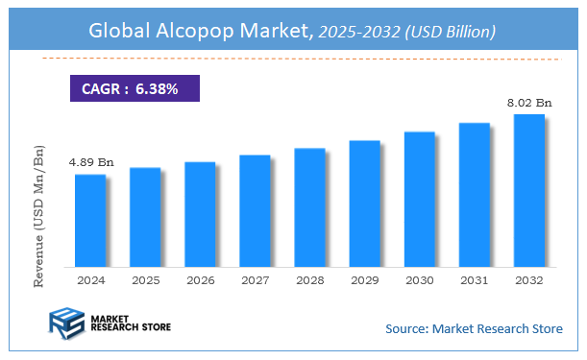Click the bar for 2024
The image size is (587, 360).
[x=89, y=220]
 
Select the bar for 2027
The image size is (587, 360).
[x=255, y=210]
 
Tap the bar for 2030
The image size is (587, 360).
[x=419, y=199]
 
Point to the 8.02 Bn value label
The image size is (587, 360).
[x=528, y=101]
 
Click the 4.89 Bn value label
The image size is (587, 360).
[x=90, y=162]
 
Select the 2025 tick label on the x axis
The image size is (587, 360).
[x=145, y=280]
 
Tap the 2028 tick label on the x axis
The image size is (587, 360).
[x=309, y=280]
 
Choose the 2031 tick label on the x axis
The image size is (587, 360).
[x=474, y=280]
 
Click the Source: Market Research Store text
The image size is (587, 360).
[x=474, y=329]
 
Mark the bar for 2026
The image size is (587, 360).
[x=200, y=214]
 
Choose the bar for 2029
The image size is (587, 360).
[x=364, y=204]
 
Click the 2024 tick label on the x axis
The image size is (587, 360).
[x=90, y=280]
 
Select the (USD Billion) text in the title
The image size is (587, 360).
[x=450, y=32]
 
